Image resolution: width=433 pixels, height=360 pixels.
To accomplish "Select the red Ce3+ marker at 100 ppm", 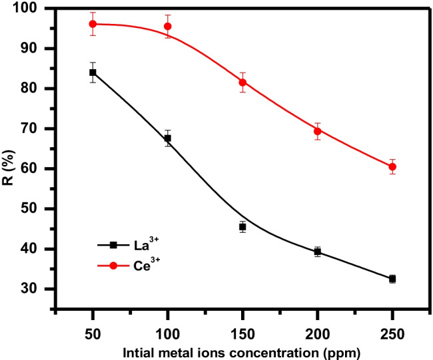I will [x=168, y=27].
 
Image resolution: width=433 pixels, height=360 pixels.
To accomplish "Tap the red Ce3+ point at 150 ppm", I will [x=242, y=83].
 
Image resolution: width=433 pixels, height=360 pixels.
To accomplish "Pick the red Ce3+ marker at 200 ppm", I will [x=318, y=131].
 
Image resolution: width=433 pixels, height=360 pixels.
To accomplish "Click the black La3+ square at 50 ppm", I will [x=93, y=73].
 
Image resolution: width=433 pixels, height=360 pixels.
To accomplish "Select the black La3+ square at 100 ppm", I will [x=168, y=138].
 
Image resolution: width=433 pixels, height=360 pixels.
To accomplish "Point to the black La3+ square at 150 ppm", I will [x=242, y=227].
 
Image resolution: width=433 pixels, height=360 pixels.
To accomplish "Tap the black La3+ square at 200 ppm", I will [x=318, y=252].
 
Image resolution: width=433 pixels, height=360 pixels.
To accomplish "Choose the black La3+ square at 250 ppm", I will [x=392, y=279].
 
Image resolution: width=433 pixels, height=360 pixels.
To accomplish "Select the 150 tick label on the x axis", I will [x=242, y=331].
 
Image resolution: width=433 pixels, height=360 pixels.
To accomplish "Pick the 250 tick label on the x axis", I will [x=392, y=331].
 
